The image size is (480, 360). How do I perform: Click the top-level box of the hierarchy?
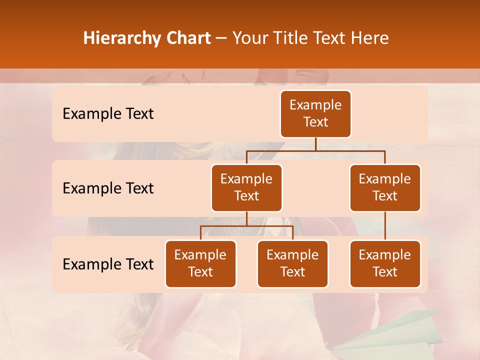(315, 113)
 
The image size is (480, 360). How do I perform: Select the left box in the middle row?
(246, 187)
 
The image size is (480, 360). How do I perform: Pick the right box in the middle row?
(385, 187)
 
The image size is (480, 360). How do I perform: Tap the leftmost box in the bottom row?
(200, 263)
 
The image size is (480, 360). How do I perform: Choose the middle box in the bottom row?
(292, 263)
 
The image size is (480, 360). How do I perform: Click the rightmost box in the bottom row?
(385, 263)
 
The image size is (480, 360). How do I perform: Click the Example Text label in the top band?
(108, 114)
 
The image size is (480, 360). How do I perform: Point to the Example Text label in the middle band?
(108, 188)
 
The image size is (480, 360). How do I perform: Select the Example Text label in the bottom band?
(108, 264)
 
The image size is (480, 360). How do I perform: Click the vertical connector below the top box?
(315, 144)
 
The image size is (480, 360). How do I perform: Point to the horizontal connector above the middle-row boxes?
(315, 150)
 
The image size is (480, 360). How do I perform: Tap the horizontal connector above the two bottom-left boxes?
(246, 226)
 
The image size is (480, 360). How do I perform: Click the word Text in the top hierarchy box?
(315, 122)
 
